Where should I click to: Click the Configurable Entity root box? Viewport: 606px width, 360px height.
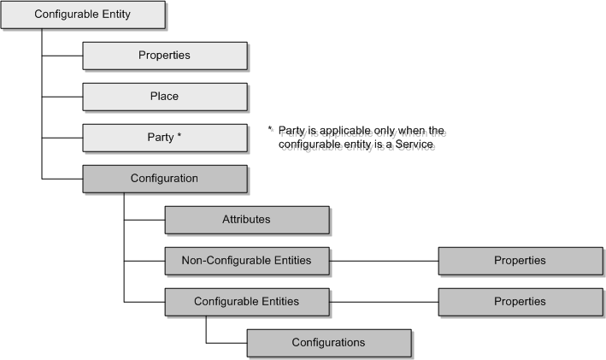(82, 15)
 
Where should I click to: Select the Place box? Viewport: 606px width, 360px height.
(164, 97)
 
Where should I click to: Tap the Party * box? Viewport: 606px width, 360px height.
(164, 137)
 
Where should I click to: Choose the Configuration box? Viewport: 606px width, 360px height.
(164, 179)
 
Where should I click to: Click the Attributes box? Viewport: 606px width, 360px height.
(246, 220)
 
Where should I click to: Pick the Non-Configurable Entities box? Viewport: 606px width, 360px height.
(246, 260)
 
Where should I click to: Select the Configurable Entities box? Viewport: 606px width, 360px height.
(246, 301)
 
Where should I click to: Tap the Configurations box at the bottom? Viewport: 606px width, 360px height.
(328, 343)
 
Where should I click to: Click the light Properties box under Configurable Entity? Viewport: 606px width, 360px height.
(164, 56)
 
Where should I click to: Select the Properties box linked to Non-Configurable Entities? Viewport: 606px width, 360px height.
(520, 260)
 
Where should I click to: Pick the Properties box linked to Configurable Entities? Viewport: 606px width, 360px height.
(520, 301)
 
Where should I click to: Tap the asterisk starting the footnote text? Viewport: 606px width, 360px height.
(269, 130)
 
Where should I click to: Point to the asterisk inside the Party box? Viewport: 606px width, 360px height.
(179, 136)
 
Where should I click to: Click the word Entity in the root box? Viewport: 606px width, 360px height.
(112, 15)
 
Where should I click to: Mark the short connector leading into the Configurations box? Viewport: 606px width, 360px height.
(226, 343)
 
